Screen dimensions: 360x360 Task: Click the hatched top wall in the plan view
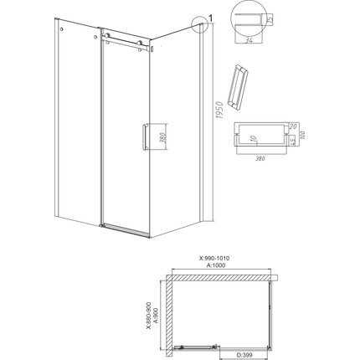click(x=222, y=274)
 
